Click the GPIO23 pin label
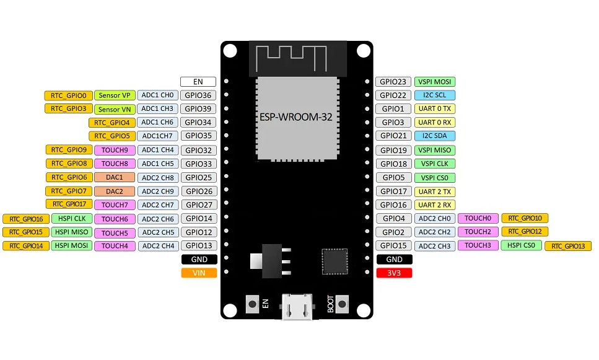pos(393,81)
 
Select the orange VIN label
pos(199,273)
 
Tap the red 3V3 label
pos(394,273)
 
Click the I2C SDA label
pos(435,136)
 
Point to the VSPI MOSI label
pos(435,81)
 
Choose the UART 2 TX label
pos(435,191)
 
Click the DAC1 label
pos(115,177)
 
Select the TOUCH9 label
pos(115,150)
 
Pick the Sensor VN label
pos(115,109)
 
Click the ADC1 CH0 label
pos(158,95)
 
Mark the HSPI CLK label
pos(71,218)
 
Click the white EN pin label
pos(198,81)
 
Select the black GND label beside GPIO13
pos(199,259)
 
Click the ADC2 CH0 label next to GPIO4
pos(435,218)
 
